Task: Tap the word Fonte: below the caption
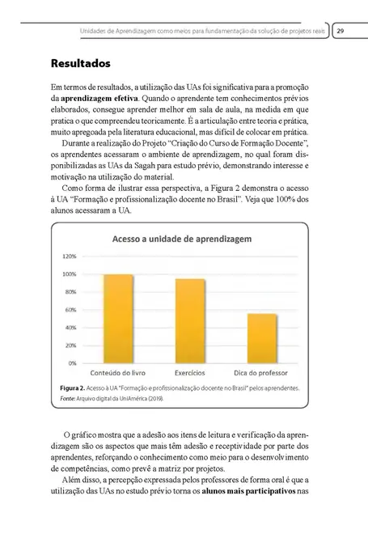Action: (70, 398)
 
